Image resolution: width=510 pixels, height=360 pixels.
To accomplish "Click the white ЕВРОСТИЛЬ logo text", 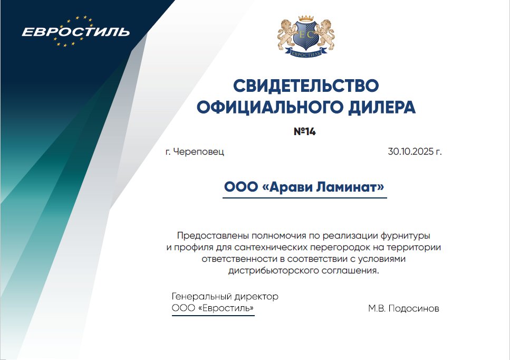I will [75, 32].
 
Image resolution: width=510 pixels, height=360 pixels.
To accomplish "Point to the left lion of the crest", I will [286, 34].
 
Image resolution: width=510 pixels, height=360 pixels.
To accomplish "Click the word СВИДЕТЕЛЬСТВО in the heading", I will [306, 85].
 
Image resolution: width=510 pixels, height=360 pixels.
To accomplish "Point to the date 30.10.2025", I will [409, 152].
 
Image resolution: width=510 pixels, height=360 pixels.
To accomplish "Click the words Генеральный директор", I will [225, 297].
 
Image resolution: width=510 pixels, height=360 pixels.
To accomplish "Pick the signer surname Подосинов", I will [413, 308].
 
